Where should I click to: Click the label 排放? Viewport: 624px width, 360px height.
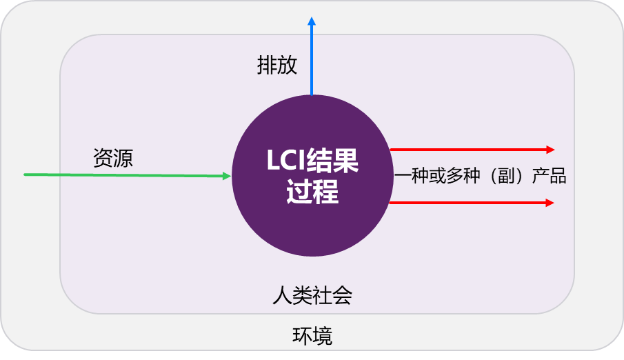pos(277,66)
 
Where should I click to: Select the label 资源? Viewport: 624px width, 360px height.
pos(113,159)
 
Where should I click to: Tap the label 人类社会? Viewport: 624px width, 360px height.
pos(312,296)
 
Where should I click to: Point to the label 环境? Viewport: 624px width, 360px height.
pos(312,337)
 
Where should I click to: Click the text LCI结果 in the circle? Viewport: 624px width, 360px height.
pos(312,162)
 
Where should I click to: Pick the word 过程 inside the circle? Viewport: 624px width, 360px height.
pos(312,192)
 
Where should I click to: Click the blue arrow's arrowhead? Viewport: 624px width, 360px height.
pos(312,22)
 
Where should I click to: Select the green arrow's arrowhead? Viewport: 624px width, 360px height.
pos(226,177)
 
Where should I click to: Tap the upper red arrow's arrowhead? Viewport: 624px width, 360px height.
pos(550,149)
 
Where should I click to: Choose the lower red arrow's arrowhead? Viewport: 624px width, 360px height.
pos(550,203)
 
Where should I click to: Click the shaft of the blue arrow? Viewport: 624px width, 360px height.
pos(312,62)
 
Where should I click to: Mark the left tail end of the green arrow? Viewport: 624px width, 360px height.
pos(26,174)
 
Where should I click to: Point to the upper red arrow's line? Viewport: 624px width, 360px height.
pos(469,149)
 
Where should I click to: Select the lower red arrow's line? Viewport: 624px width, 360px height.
pos(469,203)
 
